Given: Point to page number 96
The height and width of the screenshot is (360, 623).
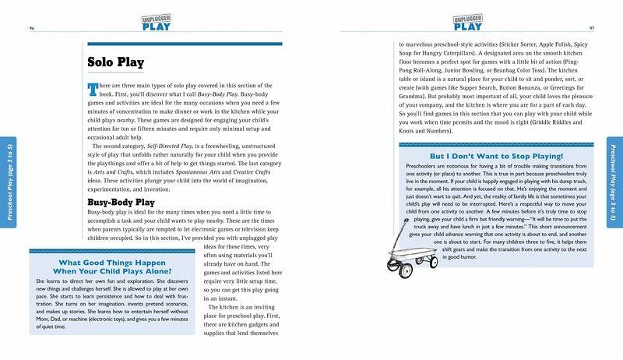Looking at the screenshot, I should click(32, 28).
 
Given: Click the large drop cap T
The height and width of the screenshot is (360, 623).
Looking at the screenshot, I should click(93, 88).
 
